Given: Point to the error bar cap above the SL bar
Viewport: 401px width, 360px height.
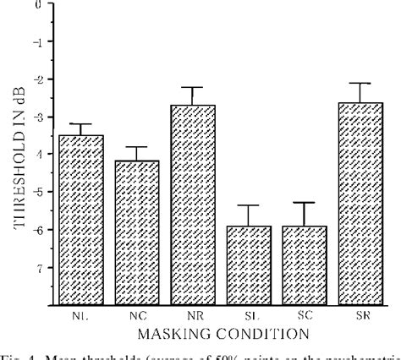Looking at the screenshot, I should (249, 205).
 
